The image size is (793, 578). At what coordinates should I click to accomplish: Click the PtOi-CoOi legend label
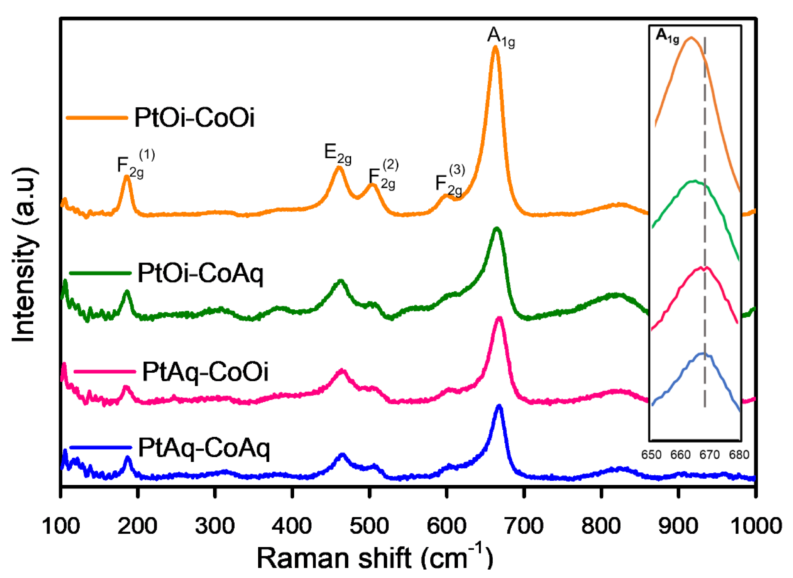coord(194,118)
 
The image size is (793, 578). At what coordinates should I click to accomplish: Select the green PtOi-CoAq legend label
coord(200,273)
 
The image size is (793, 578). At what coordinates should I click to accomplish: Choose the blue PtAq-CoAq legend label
coord(204,448)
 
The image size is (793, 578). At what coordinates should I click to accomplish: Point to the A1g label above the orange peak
coord(501,37)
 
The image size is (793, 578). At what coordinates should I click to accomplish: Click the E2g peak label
coord(338,154)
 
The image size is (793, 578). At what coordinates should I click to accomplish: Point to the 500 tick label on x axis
coord(369,526)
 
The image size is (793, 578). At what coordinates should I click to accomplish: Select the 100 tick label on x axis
coord(61,526)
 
